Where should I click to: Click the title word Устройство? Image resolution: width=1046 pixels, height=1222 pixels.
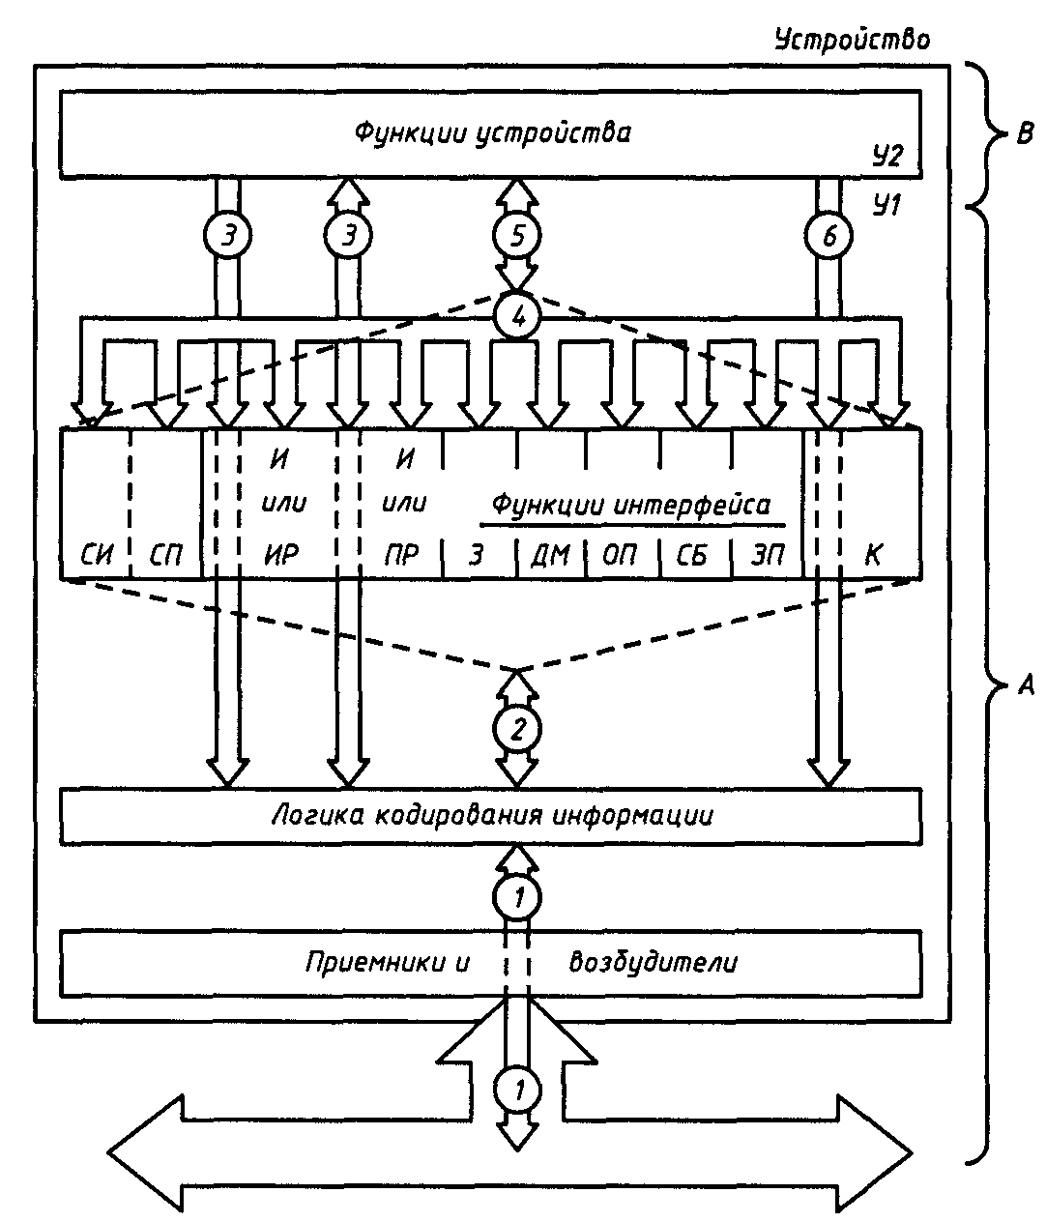(x=852, y=40)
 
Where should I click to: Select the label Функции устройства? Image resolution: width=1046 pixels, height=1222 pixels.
(x=492, y=131)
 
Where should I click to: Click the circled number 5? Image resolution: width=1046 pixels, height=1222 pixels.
(x=517, y=236)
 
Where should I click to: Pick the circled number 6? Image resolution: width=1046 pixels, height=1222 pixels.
(x=828, y=236)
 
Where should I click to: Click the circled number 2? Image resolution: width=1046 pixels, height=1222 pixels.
(x=517, y=728)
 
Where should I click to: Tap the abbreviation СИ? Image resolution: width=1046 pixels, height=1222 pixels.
(x=95, y=556)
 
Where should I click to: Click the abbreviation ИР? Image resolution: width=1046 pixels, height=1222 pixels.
(x=281, y=556)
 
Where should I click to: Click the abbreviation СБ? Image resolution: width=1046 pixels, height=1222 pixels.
(x=692, y=556)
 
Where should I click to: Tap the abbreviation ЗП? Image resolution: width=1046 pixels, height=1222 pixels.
(x=767, y=556)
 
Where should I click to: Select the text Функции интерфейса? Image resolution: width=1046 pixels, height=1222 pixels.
(x=631, y=505)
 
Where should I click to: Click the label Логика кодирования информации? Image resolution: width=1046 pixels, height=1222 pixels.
(x=491, y=815)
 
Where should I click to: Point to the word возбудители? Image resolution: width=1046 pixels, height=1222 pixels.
(x=654, y=962)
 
